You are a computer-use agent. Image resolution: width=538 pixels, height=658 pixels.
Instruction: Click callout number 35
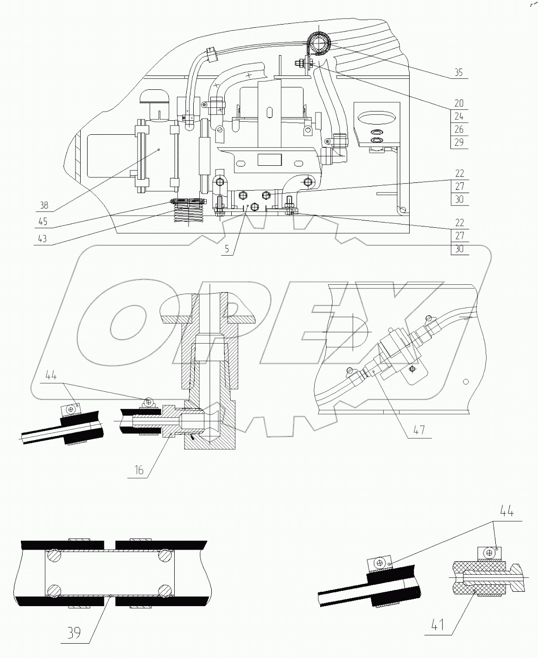pos(458,73)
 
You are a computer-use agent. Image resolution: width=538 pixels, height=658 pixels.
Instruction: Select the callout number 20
pos(459,103)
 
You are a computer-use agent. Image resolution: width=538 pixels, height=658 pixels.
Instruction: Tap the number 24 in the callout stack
pos(459,116)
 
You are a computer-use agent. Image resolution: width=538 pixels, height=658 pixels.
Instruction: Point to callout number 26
pos(459,129)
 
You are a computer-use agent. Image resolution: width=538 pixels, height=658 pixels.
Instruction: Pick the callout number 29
pos(459,142)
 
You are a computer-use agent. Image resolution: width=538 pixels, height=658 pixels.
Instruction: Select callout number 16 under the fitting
pos(139,470)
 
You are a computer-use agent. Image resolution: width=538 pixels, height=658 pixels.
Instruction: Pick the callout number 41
pos(437,626)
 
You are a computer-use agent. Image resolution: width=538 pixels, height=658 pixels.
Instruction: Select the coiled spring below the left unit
pos(189,216)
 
